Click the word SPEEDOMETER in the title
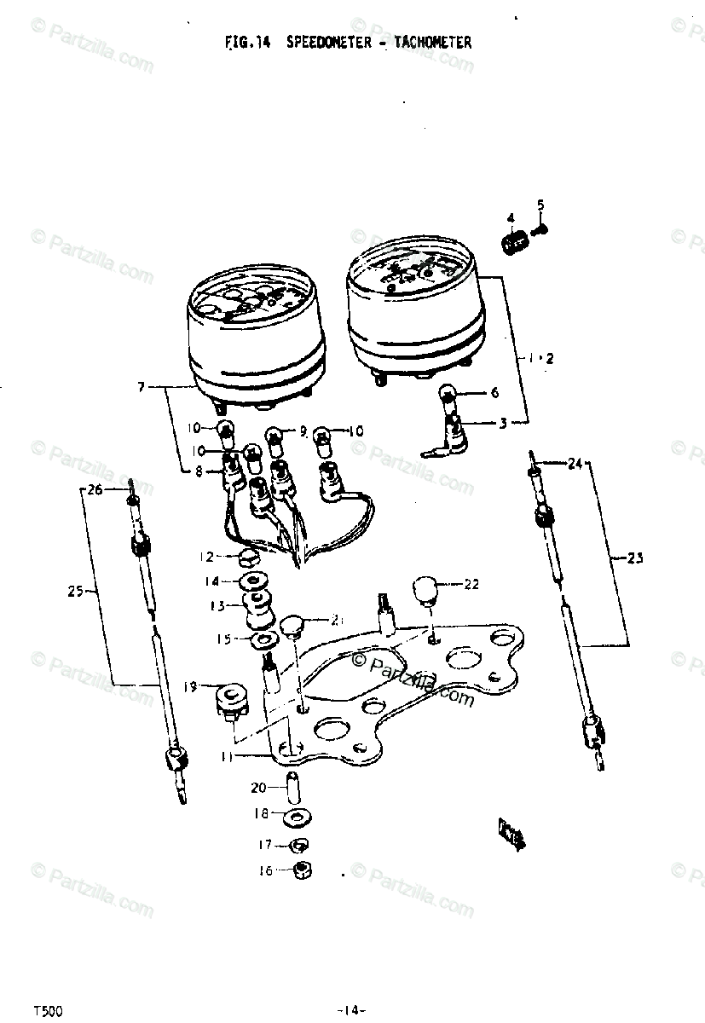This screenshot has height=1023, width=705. pyautogui.click(x=327, y=42)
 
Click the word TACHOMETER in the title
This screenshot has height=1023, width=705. pyautogui.click(x=432, y=42)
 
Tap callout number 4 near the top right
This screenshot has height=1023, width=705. pyautogui.click(x=511, y=218)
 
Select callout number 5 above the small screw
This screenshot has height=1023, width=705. pyautogui.click(x=540, y=204)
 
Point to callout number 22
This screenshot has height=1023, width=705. pyautogui.click(x=471, y=584)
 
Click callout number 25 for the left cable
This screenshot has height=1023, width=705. pyautogui.click(x=73, y=590)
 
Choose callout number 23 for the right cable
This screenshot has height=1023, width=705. pyautogui.click(x=635, y=559)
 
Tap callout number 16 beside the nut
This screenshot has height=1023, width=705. pyautogui.click(x=266, y=870)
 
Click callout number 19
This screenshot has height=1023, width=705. pyautogui.click(x=190, y=685)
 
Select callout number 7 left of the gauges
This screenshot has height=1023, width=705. pyautogui.click(x=142, y=387)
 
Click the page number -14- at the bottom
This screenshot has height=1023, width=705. pyautogui.click(x=350, y=1010)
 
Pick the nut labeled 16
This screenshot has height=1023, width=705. pyautogui.click(x=300, y=871)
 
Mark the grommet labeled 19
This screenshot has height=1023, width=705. pyautogui.click(x=229, y=698)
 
